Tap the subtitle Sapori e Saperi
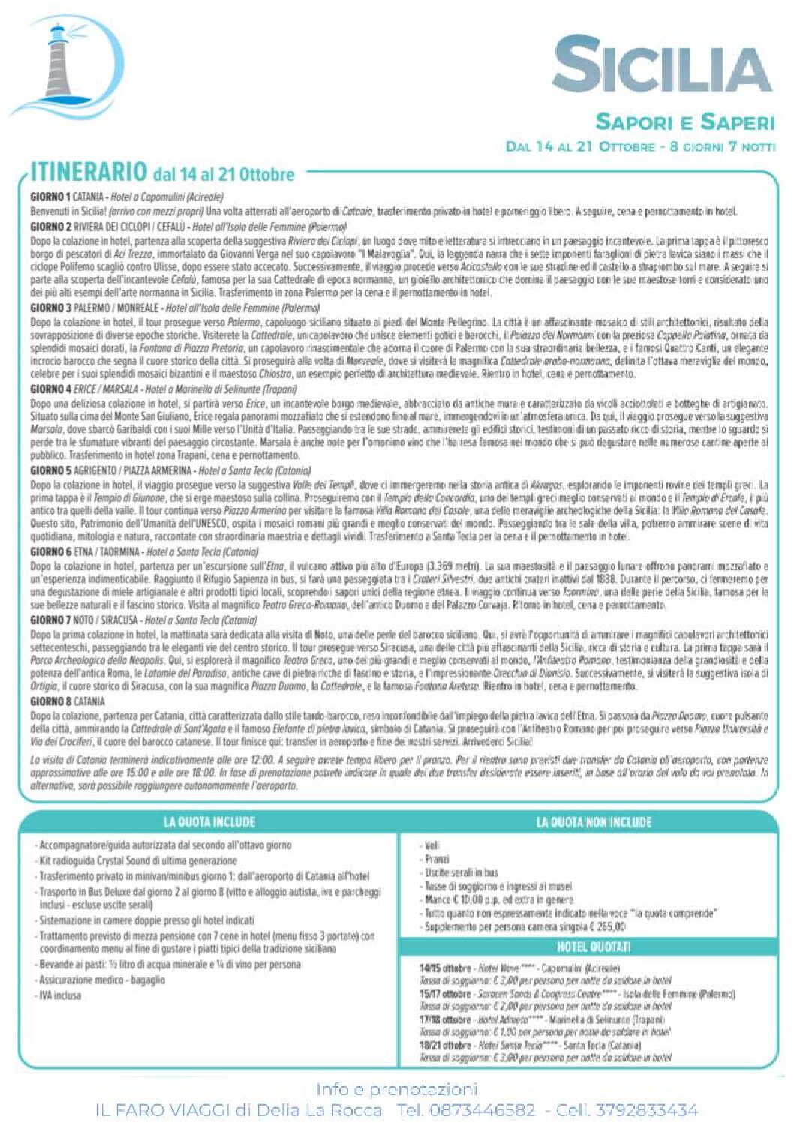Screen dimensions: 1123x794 (x=684, y=122)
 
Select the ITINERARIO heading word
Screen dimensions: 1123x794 (x=89, y=173)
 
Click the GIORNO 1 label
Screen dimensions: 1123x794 (x=50, y=197)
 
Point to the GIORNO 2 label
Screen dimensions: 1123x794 (x=50, y=227)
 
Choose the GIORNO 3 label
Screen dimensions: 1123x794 (x=50, y=308)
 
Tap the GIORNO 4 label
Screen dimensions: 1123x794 (x=50, y=389)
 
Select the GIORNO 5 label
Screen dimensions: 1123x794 (x=50, y=470)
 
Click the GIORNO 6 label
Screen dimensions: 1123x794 (x=50, y=551)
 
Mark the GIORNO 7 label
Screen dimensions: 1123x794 (x=50, y=620)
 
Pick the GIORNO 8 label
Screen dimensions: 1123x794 (x=50, y=701)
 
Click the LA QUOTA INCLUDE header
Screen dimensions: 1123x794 (x=209, y=822)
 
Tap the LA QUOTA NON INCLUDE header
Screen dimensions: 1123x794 (x=594, y=822)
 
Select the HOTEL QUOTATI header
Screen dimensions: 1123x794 (x=594, y=947)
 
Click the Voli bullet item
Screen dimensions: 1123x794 (x=432, y=845)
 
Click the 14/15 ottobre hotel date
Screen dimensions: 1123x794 (x=445, y=968)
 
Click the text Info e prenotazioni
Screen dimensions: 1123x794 (x=396, y=1089)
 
